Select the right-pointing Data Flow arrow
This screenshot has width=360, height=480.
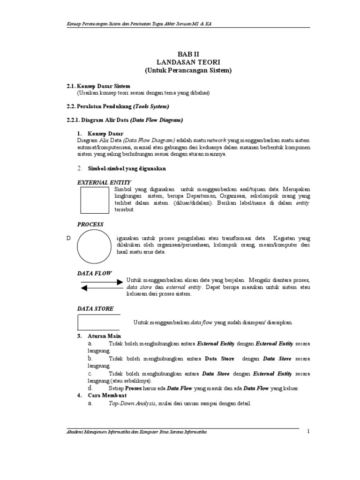tap(101, 282)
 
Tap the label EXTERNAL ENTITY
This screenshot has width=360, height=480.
tap(104, 182)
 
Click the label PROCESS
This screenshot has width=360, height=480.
tap(90, 225)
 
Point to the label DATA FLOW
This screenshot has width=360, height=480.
tap(94, 273)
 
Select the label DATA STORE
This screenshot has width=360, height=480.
tap(95, 308)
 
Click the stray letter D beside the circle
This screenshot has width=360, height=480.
tap(68, 239)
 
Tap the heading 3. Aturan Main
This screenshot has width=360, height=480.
tap(99, 336)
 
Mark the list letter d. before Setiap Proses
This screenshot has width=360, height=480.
tap(90, 389)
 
